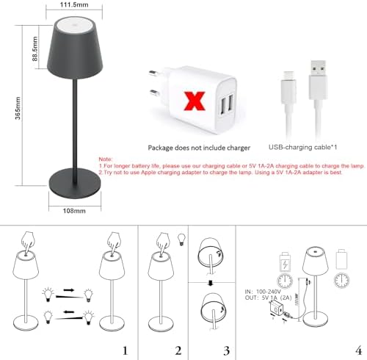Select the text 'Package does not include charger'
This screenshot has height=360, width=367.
[194, 147]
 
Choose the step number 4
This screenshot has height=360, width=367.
[358, 350]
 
